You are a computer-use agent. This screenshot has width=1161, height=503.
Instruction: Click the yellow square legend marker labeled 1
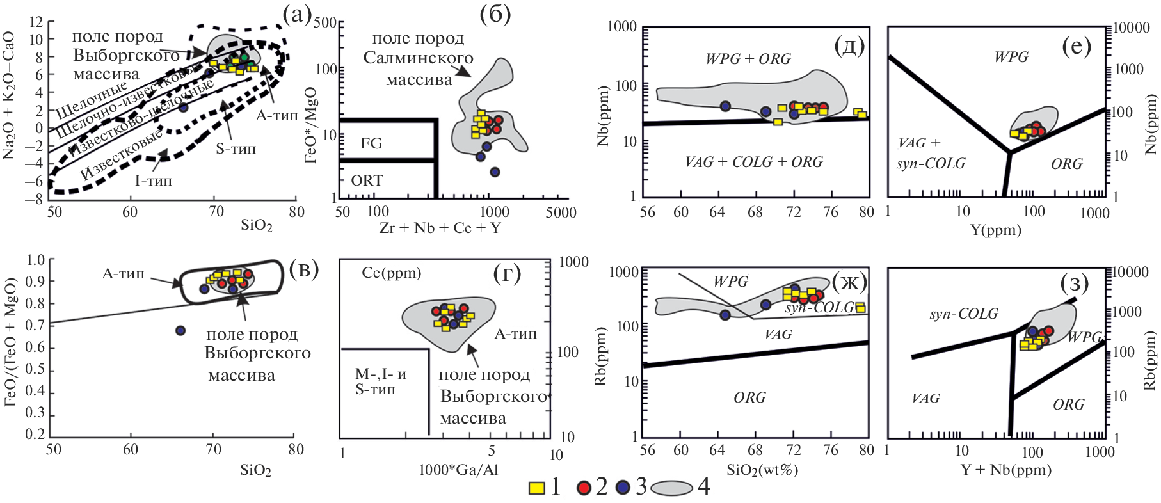pyautogui.click(x=536, y=488)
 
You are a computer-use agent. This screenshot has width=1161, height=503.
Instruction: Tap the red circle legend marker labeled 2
pyautogui.click(x=583, y=488)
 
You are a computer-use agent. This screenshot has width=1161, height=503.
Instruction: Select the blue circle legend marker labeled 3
pyautogui.click(x=623, y=488)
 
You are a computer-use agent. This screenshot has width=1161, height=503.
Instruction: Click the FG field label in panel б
pyautogui.click(x=371, y=143)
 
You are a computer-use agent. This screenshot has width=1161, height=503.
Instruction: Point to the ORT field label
pyautogui.click(x=367, y=180)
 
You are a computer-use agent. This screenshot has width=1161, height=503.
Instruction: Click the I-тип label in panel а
pyautogui.click(x=153, y=181)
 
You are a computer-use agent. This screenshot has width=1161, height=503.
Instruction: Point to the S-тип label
pyautogui.click(x=236, y=149)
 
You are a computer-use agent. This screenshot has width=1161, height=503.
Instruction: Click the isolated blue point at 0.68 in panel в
pyautogui.click(x=180, y=330)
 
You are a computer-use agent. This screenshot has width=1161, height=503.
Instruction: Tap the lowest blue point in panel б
pyautogui.click(x=495, y=172)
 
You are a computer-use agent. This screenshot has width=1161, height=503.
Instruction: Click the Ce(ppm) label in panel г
pyautogui.click(x=392, y=273)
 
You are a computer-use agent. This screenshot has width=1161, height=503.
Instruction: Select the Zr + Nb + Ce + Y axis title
pyautogui.click(x=440, y=228)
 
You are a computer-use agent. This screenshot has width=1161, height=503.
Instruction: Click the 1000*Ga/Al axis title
pyautogui.click(x=458, y=470)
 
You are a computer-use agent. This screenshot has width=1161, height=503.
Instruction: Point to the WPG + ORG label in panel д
pyautogui.click(x=748, y=60)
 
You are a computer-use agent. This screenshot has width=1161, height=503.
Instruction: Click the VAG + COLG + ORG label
pyautogui.click(x=753, y=163)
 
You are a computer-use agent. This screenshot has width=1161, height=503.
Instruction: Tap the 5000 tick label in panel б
pyautogui.click(x=561, y=212)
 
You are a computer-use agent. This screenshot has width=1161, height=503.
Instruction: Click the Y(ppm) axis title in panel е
pyautogui.click(x=996, y=230)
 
